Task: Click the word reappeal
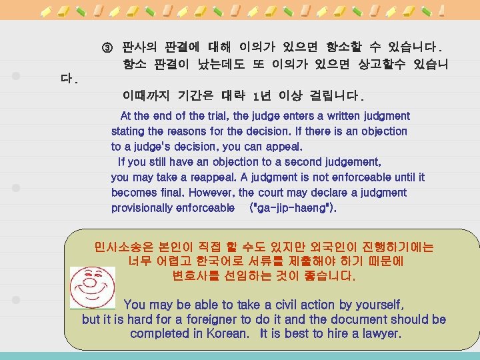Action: pyautogui.click(x=210, y=177)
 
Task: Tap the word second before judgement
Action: pyautogui.click(x=316, y=162)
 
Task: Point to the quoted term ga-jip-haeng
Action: pyautogui.click(x=291, y=208)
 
